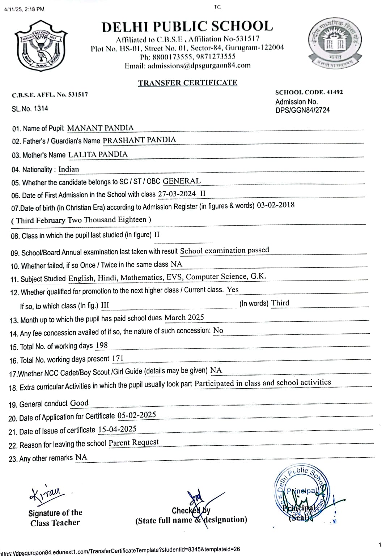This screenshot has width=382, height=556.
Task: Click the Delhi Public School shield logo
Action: pyautogui.click(x=41, y=46)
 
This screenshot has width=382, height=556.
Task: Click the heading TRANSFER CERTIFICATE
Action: pyautogui.click(x=187, y=83)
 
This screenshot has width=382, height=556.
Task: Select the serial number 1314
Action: pyautogui.click(x=41, y=108)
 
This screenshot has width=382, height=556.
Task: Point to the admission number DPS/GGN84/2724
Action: pyautogui.click(x=302, y=110)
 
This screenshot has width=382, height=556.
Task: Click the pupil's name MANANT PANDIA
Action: pyautogui.click(x=100, y=128)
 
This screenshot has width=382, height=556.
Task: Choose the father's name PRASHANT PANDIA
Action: pyautogui.click(x=139, y=140)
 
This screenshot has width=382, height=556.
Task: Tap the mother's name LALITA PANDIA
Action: pyautogui.click(x=98, y=155)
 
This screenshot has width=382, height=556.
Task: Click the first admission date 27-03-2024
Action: pyautogui.click(x=177, y=194)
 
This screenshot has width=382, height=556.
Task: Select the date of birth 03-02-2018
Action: pyautogui.click(x=276, y=205)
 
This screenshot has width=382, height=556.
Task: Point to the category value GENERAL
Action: pyautogui.click(x=182, y=181)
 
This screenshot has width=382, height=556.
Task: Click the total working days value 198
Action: pyautogui.click(x=102, y=346)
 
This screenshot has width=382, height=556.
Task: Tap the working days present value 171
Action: pyautogui.click(x=118, y=359)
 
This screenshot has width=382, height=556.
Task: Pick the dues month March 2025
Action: pyautogui.click(x=184, y=317)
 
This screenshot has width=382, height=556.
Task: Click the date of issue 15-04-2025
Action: pyautogui.click(x=117, y=429)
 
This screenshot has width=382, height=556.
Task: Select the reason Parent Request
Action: pyautogui.click(x=133, y=442)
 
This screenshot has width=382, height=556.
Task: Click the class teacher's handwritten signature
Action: pyautogui.click(x=46, y=494)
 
